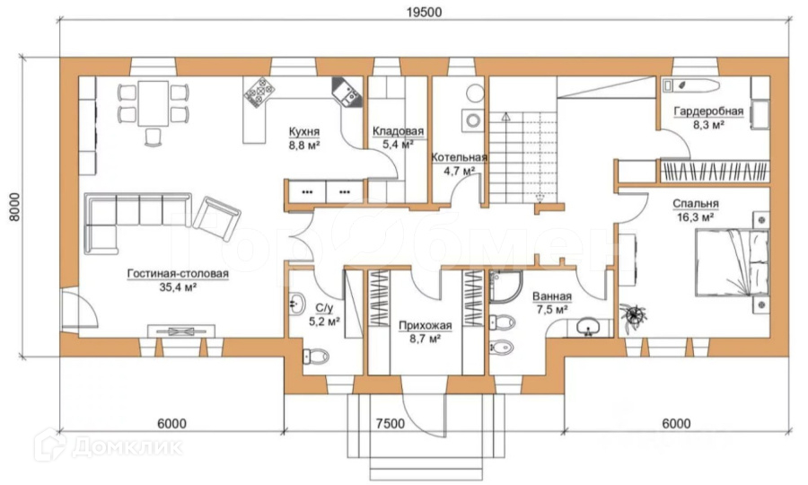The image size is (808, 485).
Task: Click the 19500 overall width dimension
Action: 424,12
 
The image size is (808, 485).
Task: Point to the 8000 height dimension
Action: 14,207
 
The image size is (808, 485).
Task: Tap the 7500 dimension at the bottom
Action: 391,424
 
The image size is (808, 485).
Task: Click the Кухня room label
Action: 304,132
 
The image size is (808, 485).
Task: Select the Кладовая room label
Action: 398,131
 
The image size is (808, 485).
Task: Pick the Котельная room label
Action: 459,157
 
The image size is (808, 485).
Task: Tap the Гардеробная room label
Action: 708,111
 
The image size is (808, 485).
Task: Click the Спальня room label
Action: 695,204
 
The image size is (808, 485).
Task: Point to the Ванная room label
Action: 552,296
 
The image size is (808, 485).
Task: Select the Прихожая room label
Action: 426,325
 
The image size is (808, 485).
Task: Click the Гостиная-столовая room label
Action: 178,274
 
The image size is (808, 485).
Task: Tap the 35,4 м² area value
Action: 178,287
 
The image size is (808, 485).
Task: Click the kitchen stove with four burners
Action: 259,93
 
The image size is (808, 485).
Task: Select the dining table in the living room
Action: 153,103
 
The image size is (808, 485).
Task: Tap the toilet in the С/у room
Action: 315,355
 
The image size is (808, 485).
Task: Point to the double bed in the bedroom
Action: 733,262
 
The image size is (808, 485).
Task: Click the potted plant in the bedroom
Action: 633,313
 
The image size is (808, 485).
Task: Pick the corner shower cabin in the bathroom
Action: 505,286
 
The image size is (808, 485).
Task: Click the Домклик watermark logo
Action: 110,445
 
